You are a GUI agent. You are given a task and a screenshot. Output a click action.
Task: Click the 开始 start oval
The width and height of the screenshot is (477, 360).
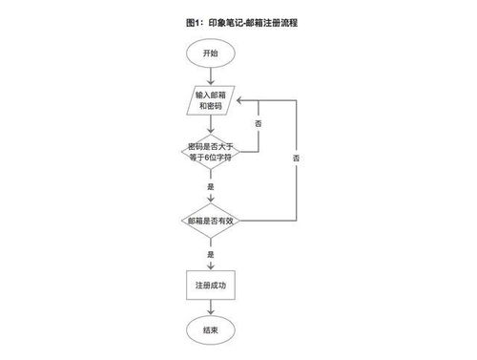coord(210,53)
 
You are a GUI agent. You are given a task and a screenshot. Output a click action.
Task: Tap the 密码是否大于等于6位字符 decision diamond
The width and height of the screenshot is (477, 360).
coord(210,153)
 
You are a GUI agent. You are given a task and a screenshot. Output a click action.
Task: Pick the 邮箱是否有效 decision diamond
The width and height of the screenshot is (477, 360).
coord(210,221)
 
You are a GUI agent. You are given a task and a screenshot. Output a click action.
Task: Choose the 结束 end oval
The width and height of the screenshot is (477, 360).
coord(210,329)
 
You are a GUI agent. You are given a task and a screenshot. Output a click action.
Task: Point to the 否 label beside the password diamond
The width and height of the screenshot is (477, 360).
coord(259,125)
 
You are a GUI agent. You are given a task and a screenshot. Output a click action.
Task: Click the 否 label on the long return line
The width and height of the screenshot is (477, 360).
coord(297,157)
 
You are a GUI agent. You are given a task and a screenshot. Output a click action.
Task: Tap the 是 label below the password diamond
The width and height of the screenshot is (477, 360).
coord(210,187)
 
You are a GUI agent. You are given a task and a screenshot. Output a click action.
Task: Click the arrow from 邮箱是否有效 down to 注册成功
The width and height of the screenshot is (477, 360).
coord(210,263)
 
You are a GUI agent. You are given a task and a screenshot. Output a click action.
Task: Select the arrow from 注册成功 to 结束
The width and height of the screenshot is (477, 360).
coord(210,307)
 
